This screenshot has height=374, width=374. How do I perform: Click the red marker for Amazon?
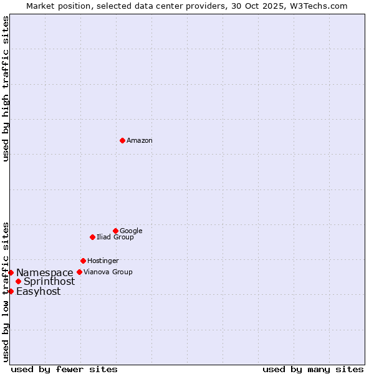point(122,140)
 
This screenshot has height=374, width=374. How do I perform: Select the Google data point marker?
point(115,231)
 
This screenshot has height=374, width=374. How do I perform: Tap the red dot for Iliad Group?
point(92,237)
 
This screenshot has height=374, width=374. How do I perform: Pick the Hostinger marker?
point(83,261)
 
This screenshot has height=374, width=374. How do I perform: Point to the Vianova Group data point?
point(79,272)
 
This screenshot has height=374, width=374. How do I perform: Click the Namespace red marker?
point(11,272)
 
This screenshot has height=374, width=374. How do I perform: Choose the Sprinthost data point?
point(18,282)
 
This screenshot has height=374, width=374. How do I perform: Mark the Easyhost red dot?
point(11,291)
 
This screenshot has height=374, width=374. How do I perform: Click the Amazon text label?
point(140,141)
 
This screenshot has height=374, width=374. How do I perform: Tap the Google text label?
point(131,231)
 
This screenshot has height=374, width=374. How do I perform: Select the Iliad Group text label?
point(115,237)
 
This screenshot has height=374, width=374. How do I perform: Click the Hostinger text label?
point(103,261)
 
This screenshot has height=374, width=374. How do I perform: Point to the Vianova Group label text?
point(108,272)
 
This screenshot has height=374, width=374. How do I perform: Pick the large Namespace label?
point(45,273)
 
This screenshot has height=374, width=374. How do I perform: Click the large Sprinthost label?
point(49,282)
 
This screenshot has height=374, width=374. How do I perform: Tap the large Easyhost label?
point(39,292)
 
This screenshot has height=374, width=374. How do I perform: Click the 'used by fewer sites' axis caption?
point(64,370)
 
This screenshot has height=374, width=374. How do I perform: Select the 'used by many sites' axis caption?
point(313,370)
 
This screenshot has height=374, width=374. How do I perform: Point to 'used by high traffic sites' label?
point(6,89)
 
